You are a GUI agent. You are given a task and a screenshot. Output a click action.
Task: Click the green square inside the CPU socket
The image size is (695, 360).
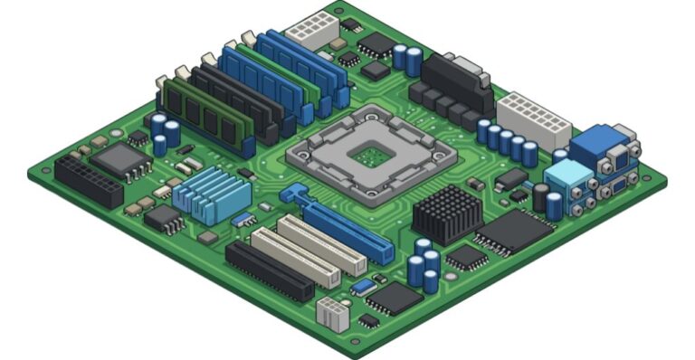click(x=371, y=156)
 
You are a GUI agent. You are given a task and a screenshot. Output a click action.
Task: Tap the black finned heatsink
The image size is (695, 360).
click(x=448, y=214)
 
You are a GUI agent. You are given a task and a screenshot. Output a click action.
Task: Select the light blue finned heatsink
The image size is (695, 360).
click(x=211, y=192)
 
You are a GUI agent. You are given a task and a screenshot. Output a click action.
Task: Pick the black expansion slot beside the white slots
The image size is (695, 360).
click(x=268, y=270)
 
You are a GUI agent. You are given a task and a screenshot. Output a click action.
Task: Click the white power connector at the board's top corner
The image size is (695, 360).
click(x=310, y=30)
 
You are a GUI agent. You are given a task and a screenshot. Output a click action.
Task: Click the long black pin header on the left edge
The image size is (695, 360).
click(x=88, y=181)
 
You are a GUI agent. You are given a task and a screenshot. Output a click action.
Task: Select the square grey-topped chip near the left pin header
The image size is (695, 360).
click(x=120, y=159)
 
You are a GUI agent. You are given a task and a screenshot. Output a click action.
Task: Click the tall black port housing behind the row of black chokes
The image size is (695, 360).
click(x=458, y=77)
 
